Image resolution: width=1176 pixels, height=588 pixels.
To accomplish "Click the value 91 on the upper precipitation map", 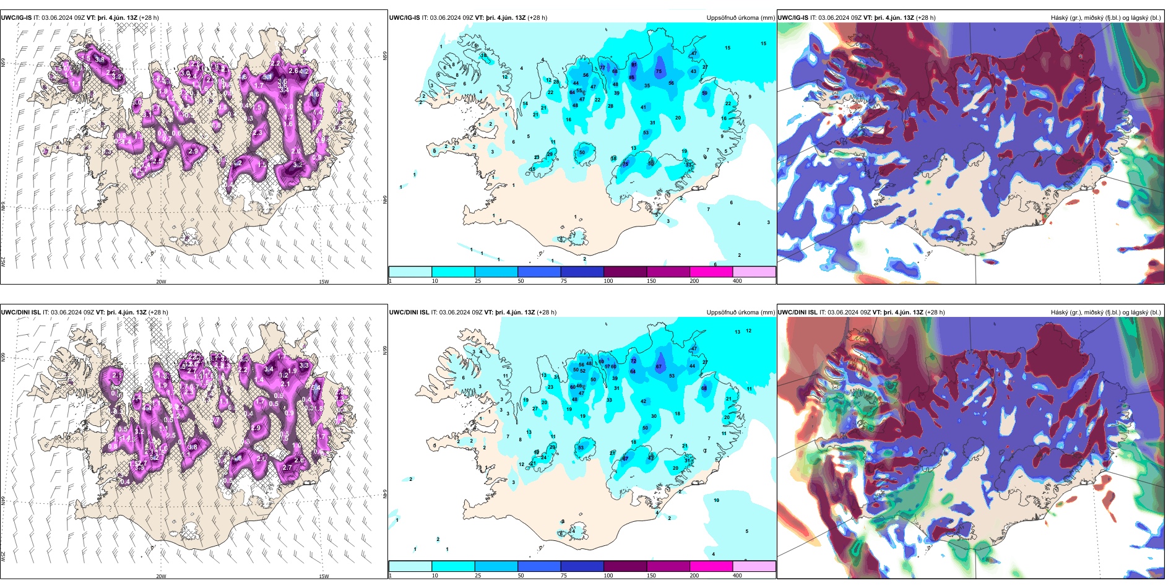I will [634, 64].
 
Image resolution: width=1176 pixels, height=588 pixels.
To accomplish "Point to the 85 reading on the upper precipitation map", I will [631, 77].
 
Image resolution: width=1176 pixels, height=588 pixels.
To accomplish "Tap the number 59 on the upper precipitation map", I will [704, 93].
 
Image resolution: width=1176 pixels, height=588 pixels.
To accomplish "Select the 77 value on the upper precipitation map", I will [602, 67].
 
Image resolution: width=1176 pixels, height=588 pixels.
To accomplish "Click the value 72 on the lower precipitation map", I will [633, 361].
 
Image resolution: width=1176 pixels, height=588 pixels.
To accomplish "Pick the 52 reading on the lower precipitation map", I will [582, 371].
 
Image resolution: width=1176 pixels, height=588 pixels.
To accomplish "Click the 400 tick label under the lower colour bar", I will [737, 576].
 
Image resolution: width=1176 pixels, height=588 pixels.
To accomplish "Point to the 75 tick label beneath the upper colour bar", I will [564, 281].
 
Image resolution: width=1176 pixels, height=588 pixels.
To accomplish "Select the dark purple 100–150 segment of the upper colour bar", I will [625, 272].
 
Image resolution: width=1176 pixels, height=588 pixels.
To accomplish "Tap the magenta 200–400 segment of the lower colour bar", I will [711, 566].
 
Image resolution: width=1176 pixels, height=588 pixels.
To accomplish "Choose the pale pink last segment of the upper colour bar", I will [754, 272].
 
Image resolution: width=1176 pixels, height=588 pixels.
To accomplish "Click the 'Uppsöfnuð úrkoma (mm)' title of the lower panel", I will [740, 313].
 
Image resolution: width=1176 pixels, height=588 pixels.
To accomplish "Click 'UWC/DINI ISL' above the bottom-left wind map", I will [20, 313].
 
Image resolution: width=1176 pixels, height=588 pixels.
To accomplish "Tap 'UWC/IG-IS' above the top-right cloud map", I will [793, 18].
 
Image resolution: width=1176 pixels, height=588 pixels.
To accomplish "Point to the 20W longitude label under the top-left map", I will [161, 282].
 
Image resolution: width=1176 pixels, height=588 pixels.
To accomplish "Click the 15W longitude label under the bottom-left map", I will [324, 576].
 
